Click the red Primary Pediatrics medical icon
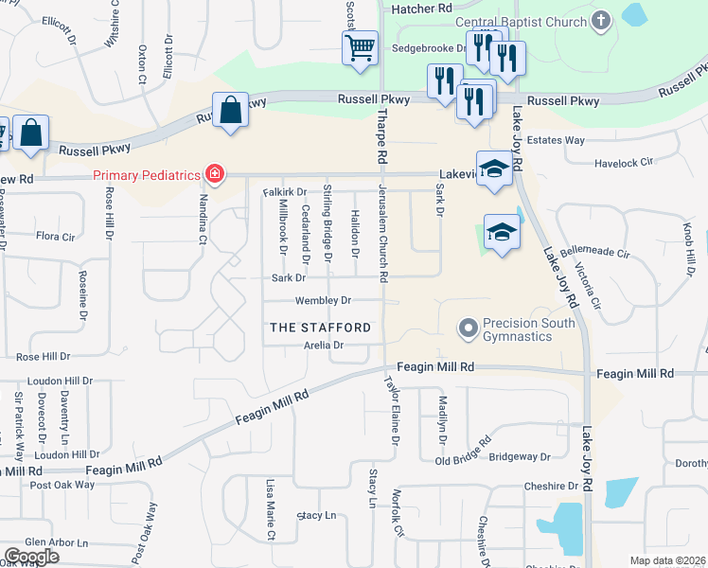(x=216, y=174)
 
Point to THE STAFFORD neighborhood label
(x=321, y=328)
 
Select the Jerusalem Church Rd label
(x=384, y=233)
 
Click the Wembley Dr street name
(x=323, y=301)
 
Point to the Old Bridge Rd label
(x=463, y=453)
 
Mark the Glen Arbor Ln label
(x=44, y=542)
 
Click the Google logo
(x=31, y=557)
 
